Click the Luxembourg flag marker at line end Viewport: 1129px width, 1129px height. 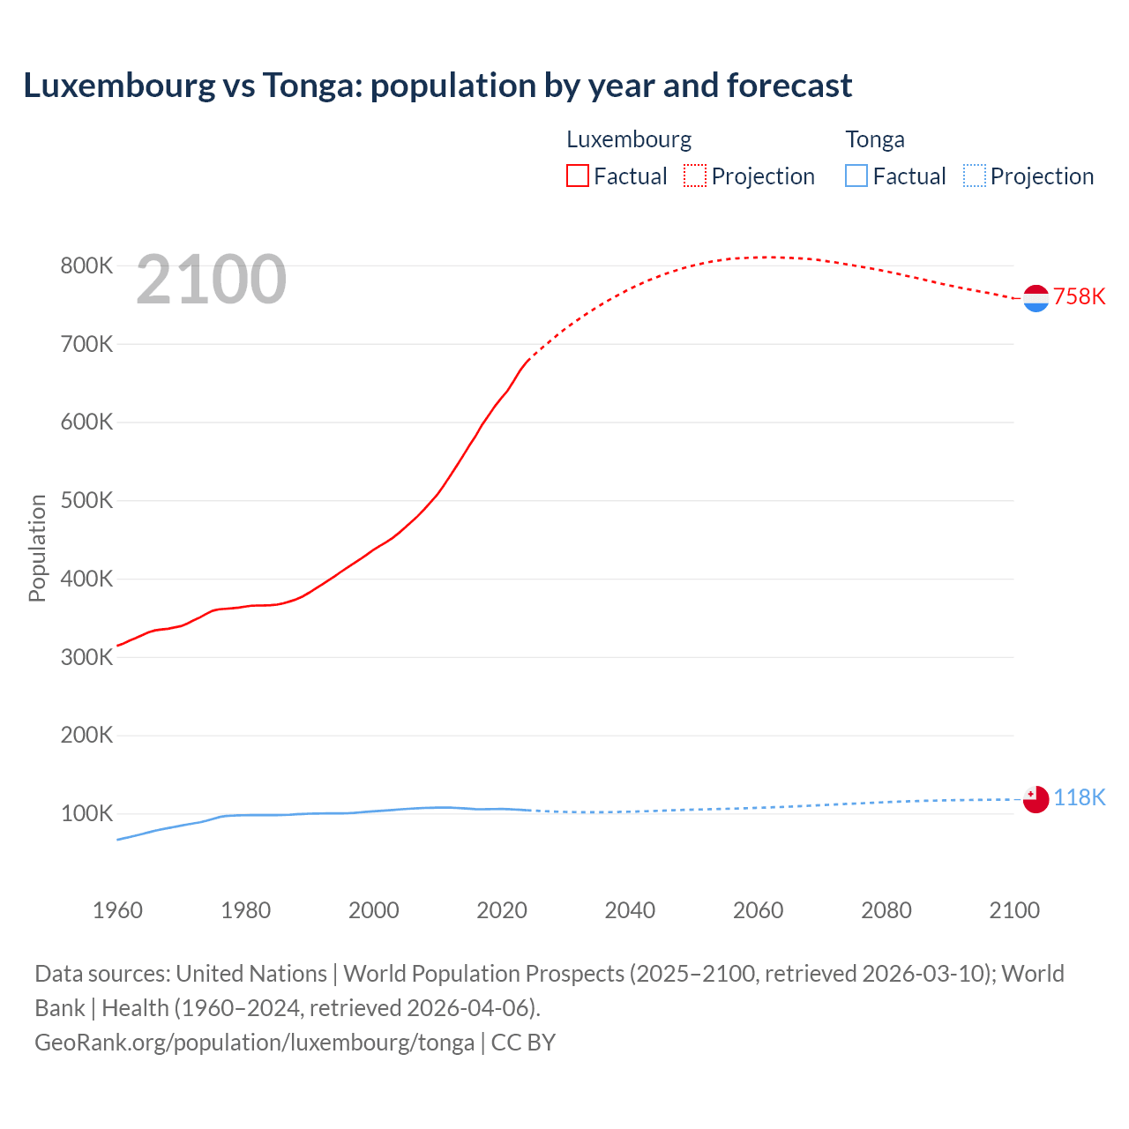coord(1036,298)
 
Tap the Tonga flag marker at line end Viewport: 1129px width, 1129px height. coord(1036,798)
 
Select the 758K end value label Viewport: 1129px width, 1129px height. coord(1079,296)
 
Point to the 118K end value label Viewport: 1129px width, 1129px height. coord(1079,797)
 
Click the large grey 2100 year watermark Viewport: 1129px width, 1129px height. coord(211,280)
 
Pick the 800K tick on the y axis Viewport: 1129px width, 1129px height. coord(86,265)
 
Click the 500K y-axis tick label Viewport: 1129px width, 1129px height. coord(86,500)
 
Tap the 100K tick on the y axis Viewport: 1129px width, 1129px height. coord(86,813)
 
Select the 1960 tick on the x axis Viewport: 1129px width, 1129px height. coord(117,910)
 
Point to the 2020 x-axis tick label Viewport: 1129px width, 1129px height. coord(502,910)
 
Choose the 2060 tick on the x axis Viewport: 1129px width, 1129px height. coord(758,910)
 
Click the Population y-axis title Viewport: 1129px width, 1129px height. coord(37,548)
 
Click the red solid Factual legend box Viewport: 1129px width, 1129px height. coord(577,176)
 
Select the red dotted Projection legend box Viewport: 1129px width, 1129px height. coord(695,176)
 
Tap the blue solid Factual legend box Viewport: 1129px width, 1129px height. coord(856,176)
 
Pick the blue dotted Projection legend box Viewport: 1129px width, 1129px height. coord(974,176)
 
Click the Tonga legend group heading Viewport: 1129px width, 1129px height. coord(875,139)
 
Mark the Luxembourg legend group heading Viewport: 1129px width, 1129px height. coord(629,139)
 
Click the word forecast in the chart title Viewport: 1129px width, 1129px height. coord(789,86)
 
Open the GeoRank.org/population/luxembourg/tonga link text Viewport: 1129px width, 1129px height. coord(254,1043)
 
